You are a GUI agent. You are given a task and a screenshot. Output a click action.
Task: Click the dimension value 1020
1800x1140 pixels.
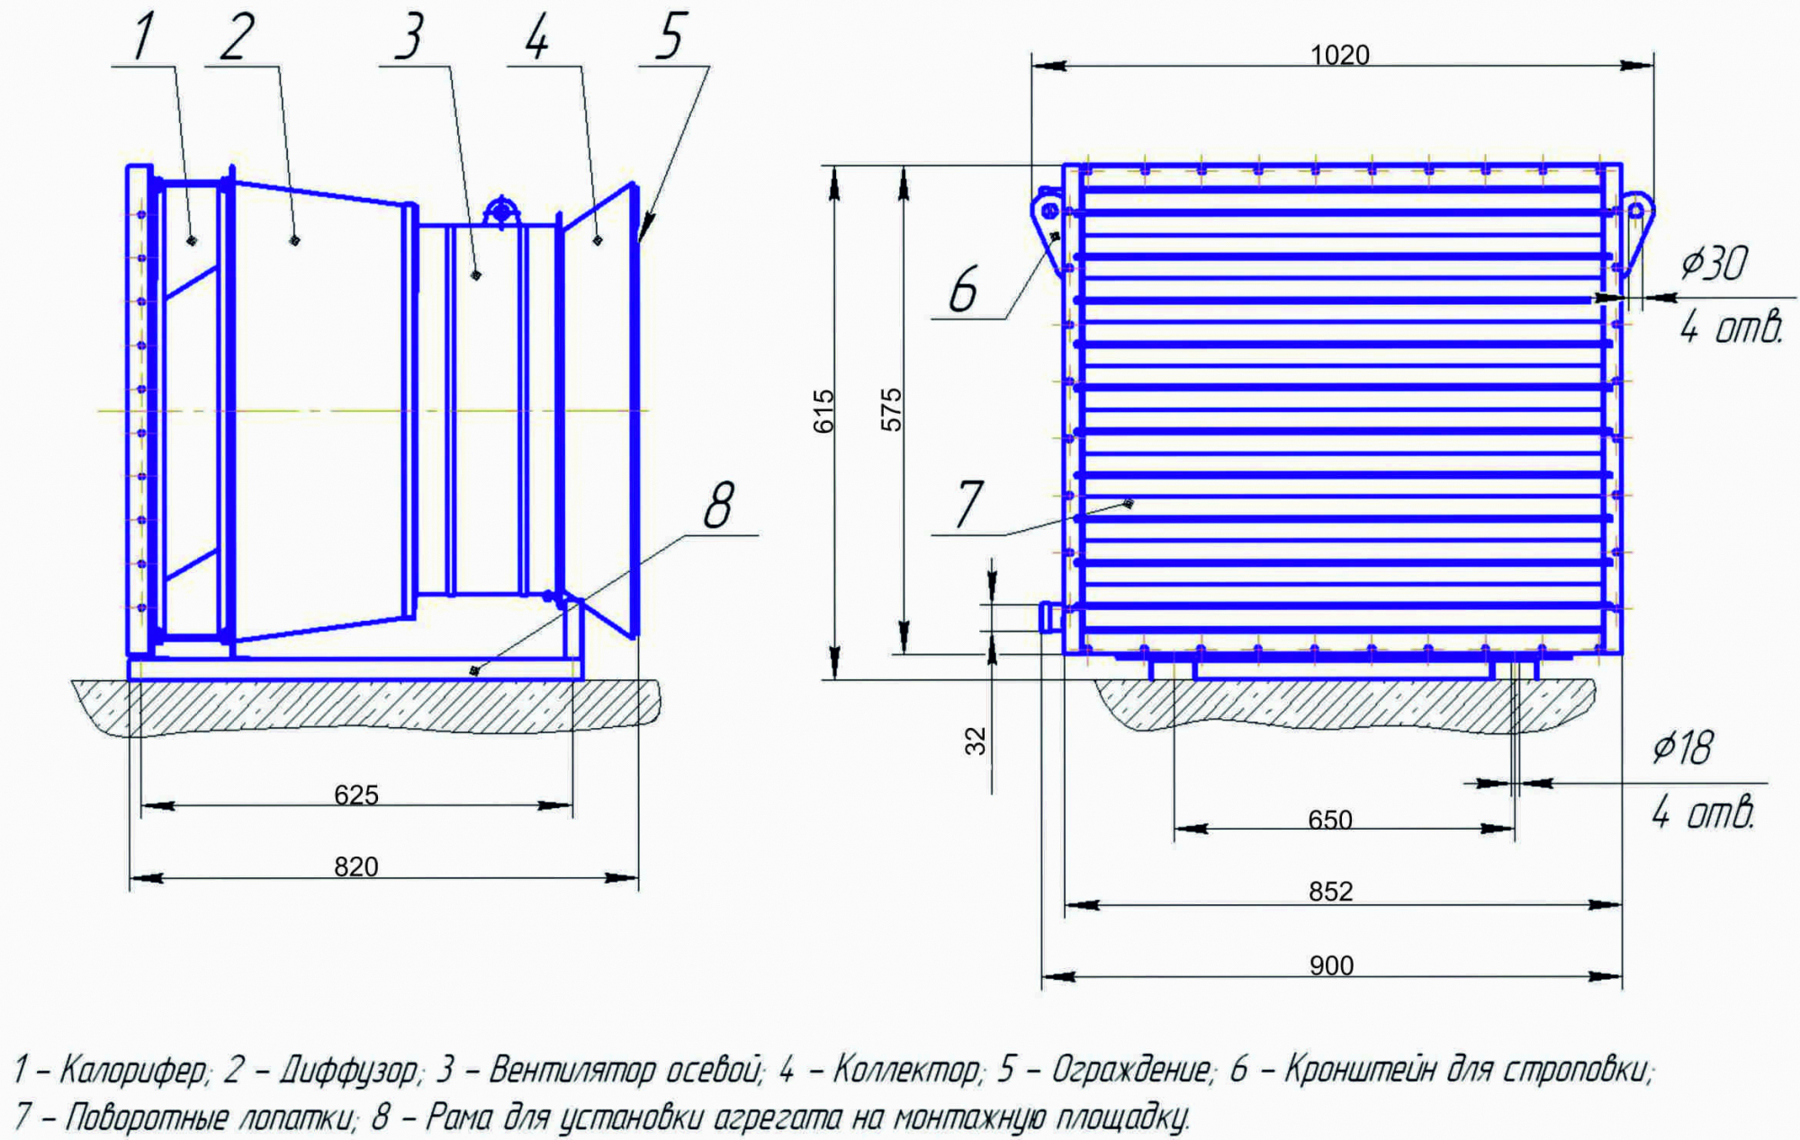pyautogui.click(x=1339, y=56)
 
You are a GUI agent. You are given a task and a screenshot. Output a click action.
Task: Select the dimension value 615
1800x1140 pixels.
pyautogui.click(x=824, y=411)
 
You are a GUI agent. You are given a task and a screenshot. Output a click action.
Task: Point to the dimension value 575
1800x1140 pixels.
pyautogui.click(x=891, y=409)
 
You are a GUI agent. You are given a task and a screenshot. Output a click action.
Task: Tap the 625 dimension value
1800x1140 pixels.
pyautogui.click(x=356, y=795)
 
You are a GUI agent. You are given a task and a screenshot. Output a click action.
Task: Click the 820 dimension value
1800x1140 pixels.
pyautogui.click(x=356, y=866)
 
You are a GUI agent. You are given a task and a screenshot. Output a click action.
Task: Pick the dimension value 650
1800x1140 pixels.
pyautogui.click(x=1330, y=820)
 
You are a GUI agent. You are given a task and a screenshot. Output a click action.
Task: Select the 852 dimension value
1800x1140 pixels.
pyautogui.click(x=1330, y=892)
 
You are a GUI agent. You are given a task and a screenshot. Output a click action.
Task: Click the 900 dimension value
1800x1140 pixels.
pyautogui.click(x=1331, y=965)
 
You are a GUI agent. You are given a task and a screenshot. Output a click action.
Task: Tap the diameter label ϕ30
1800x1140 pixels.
pyautogui.click(x=1714, y=264)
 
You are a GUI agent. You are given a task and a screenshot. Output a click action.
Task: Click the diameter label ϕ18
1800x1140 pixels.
pyautogui.click(x=1682, y=748)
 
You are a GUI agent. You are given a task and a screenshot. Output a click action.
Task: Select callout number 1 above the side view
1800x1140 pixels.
pyautogui.click(x=144, y=37)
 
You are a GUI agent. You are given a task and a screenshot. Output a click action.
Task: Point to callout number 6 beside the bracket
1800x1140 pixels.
pyautogui.click(x=963, y=290)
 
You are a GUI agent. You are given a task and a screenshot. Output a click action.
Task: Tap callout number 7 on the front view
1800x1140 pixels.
pyautogui.click(x=969, y=505)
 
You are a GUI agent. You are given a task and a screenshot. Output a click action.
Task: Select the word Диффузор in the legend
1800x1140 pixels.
pyautogui.click(x=349, y=1071)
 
